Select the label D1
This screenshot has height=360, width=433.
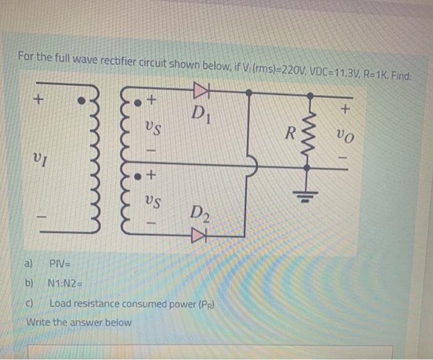click(x=199, y=112)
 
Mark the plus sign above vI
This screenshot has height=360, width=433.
click(x=39, y=98)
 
